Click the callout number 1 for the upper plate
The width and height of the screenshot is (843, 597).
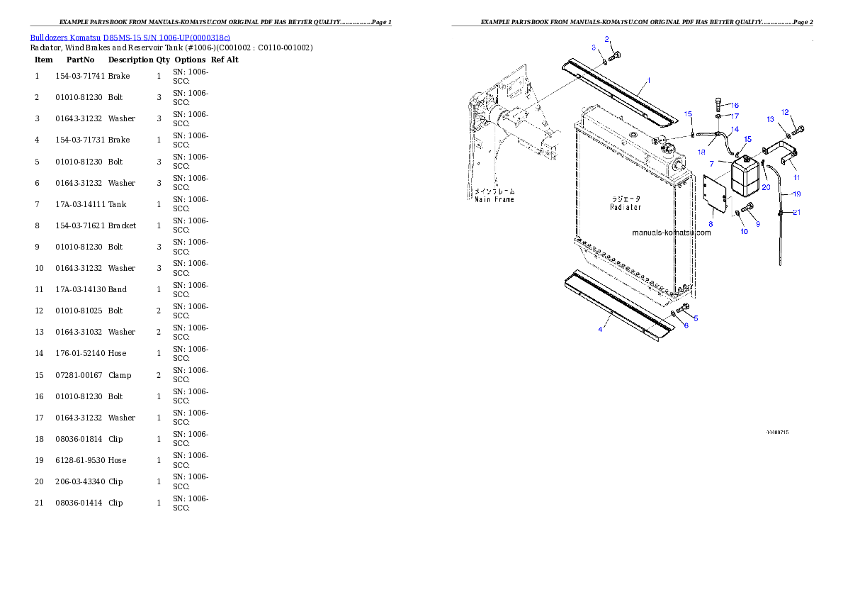coord(648,80)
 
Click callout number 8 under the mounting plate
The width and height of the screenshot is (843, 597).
coord(711,223)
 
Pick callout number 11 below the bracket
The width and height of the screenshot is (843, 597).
coord(796,177)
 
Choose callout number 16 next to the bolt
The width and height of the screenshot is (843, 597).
coord(735,106)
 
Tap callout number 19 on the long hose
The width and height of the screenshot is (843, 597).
coord(796,194)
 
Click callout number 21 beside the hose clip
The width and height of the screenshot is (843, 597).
coord(797,212)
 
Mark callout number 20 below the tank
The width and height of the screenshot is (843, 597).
coord(766,187)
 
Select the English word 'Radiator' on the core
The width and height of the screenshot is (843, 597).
coord(626,207)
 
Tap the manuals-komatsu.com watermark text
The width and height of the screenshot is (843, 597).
coord(671,232)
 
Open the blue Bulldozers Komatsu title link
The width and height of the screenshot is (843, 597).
coord(130,37)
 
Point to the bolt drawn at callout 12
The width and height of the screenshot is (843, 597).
coord(800,130)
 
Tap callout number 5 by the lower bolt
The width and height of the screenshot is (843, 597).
coord(696,318)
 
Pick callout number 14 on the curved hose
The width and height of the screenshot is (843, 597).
coord(735,129)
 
